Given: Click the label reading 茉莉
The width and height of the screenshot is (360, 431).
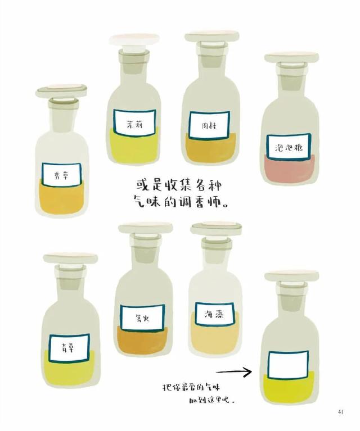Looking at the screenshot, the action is (134, 123).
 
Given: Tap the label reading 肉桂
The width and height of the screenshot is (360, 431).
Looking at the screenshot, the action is (209, 125).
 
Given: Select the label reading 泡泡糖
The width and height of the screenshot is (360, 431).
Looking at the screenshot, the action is (289, 147).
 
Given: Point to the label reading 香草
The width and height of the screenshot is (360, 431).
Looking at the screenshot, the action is (62, 175).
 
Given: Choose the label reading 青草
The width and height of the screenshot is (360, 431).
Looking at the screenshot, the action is (69, 348).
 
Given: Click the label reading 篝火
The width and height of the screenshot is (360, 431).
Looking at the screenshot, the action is (142, 317).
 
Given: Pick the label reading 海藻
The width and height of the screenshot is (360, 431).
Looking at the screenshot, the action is (215, 314).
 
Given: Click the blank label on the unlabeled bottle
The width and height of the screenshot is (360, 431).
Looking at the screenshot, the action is (288, 365).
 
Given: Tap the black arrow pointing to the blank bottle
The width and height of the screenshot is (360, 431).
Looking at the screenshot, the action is (234, 372).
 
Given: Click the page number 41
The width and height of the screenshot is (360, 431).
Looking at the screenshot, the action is (340, 412).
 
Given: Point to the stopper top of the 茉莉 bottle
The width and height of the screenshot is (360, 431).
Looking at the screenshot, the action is (134, 39).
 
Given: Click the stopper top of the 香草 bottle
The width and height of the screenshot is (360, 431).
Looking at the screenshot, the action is (61, 90).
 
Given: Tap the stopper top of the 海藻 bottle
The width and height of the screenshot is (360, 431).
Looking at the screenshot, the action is (217, 228).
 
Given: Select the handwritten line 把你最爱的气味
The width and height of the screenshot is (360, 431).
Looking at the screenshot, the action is (191, 387).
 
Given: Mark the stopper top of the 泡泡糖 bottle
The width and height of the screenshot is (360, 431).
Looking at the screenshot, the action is (292, 57).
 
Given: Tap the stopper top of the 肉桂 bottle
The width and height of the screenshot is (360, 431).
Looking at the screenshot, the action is (212, 37).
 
